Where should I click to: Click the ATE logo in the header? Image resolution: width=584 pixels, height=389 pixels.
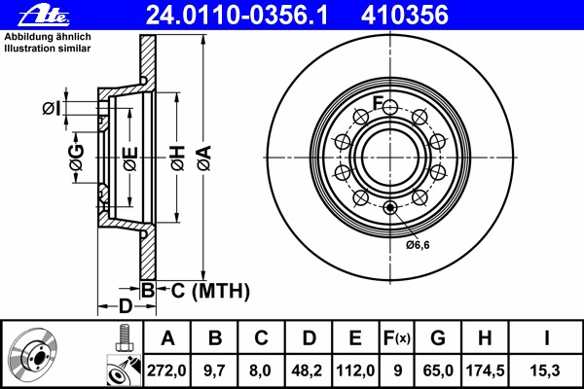tap(44, 17)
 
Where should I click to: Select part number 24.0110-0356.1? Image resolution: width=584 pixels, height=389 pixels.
tap(237, 16)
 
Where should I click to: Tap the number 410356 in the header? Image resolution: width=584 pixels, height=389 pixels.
tap(405, 16)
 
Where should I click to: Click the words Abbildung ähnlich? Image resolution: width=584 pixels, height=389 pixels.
tap(48, 37)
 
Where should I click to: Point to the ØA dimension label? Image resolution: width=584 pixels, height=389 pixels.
tap(204, 159)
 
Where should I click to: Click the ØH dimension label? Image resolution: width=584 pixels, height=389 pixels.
tap(178, 159)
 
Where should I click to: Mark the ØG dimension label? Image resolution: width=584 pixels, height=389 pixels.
tap(76, 158)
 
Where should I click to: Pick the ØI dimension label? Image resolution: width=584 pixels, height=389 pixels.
tap(52, 108)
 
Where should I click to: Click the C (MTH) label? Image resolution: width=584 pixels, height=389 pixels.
tap(210, 291)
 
